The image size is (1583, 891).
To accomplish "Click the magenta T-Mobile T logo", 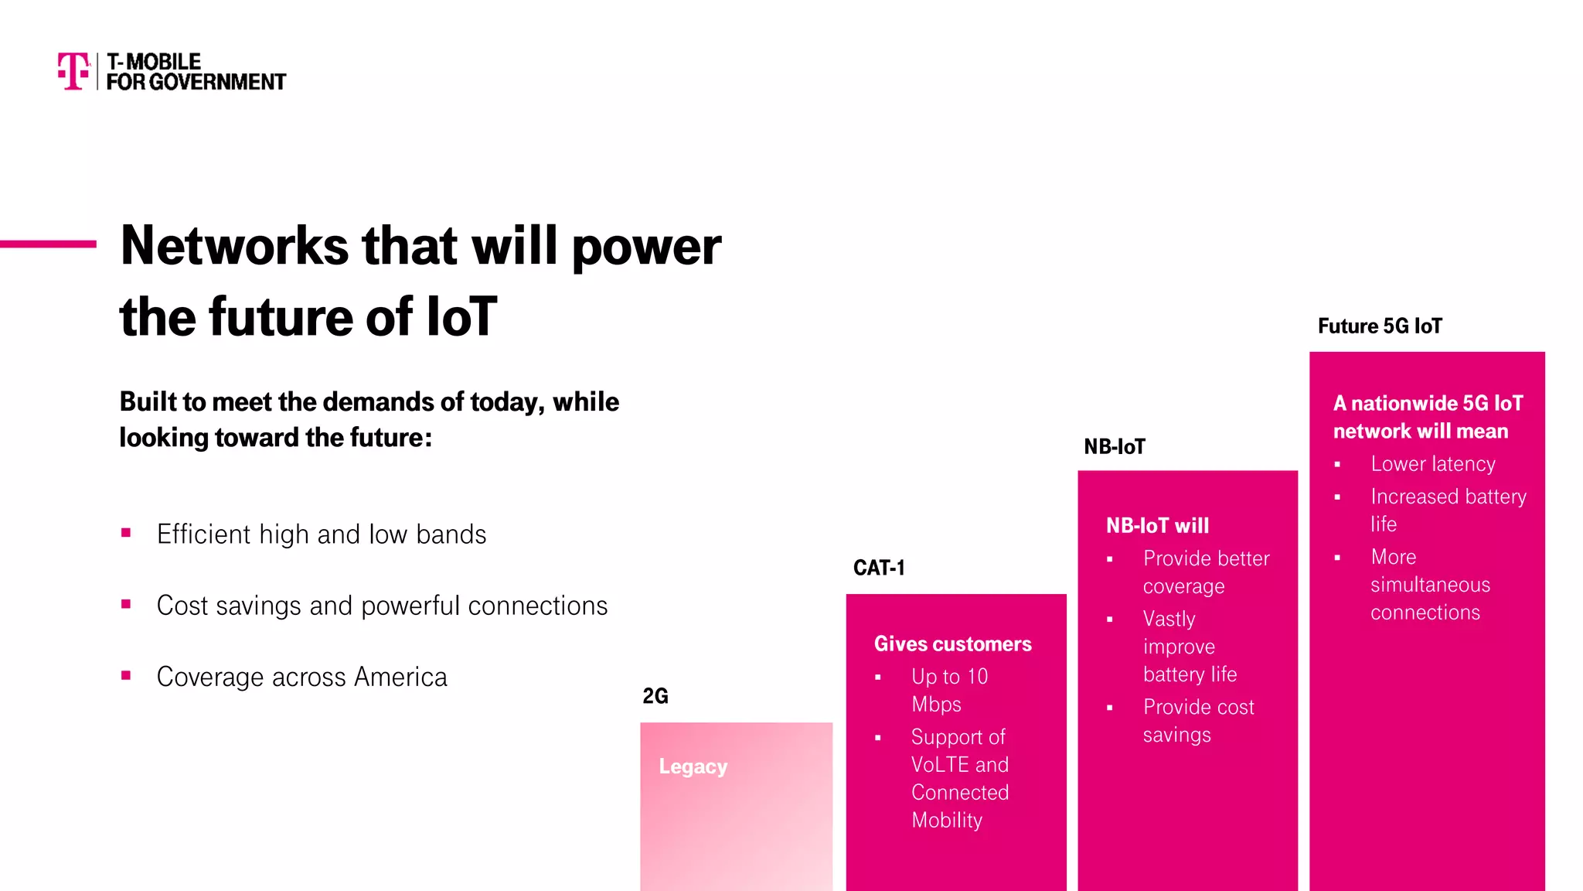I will [x=73, y=71].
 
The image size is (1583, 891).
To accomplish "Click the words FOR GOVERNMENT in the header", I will [x=196, y=82].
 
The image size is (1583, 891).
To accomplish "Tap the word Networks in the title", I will [x=235, y=246].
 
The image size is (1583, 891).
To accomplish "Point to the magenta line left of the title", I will [x=48, y=244].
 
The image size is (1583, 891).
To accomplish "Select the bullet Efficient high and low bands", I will [x=321, y=534].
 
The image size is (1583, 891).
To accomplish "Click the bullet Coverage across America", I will [x=301, y=677].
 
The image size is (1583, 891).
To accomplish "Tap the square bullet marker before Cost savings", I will [x=126, y=604].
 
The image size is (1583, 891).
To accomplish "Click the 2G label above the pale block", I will [x=655, y=696].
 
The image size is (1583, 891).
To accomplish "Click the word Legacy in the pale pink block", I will [x=693, y=766].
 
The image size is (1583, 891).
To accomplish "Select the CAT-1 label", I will [x=879, y=568].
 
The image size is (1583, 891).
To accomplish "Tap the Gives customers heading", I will [x=952, y=643].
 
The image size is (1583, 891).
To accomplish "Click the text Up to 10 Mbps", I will [x=949, y=690].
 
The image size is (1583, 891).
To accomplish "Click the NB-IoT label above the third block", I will [x=1114, y=446].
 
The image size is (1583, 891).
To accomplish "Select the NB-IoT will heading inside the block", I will [x=1157, y=526].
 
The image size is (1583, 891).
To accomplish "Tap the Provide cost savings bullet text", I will [x=1197, y=720].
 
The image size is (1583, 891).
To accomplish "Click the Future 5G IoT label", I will [x=1380, y=326].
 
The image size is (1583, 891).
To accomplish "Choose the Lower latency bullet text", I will [x=1432, y=464].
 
